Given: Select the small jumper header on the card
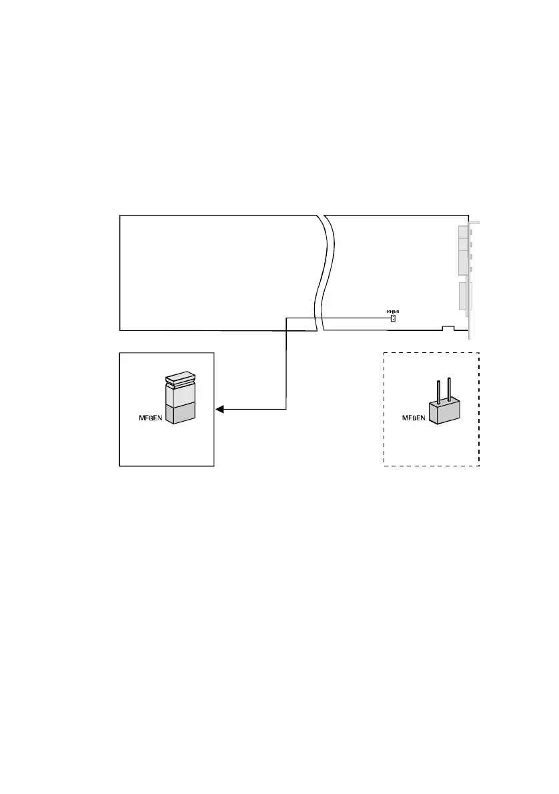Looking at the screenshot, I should coord(393,318).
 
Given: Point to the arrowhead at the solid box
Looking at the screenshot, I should coord(219,409).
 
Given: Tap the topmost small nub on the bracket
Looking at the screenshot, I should coord(472,232).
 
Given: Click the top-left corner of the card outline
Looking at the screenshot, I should coord(120,216).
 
